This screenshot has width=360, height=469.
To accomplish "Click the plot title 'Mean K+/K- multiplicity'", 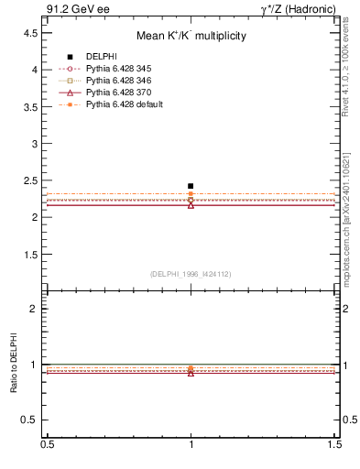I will tap(191, 37).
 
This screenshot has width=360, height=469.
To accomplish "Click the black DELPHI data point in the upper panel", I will tap(191, 186).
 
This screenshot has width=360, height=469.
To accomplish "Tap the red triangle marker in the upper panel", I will tap(191, 205).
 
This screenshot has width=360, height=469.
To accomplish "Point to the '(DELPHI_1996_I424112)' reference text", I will tap(191, 274).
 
